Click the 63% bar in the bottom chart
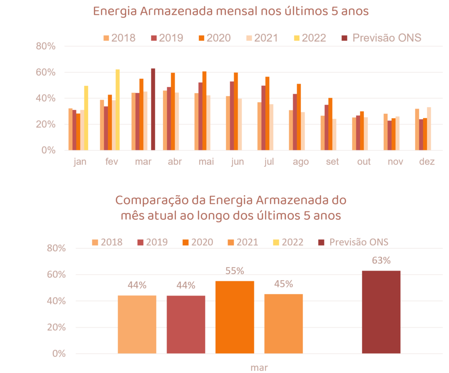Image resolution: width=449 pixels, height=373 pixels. tap(381, 312)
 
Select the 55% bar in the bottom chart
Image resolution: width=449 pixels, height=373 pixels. tap(235, 317)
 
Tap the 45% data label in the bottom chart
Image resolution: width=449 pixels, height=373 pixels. tap(284, 284)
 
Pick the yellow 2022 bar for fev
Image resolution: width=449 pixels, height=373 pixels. tap(118, 109)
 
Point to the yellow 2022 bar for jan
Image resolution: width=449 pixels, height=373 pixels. tap(86, 118)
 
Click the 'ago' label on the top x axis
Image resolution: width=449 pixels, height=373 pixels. tap(301, 162)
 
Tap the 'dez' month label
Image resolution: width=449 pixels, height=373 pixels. tap(427, 162)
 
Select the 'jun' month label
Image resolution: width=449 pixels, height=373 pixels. tap(237, 162)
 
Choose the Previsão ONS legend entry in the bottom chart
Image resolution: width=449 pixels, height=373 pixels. tap(353, 242)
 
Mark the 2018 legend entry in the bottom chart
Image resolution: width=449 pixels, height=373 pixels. tap(107, 242)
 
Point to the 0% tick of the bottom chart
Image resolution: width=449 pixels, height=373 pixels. tap(59, 354)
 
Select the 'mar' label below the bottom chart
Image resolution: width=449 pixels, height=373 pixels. tap(259, 367)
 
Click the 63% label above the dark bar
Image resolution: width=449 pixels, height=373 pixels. tap(381, 261)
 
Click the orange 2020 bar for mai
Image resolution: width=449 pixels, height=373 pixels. tap(204, 110)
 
